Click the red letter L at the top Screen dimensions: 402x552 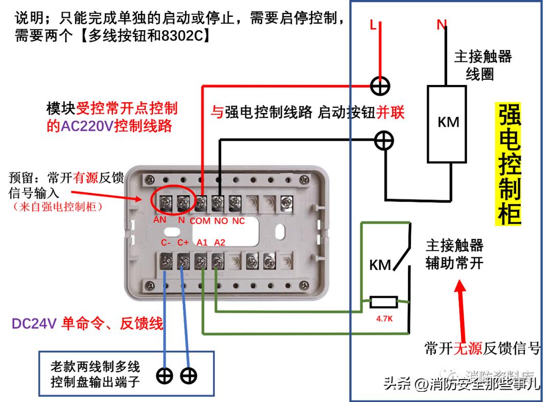tap(373, 25)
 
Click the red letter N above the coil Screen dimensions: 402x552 tap(442, 25)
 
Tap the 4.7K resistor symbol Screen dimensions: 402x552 tap(383, 302)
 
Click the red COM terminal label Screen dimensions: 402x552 tap(200, 221)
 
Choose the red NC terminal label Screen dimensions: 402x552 tap(238, 221)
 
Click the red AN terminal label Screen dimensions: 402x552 tap(159, 220)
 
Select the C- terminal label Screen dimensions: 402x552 tap(167, 242)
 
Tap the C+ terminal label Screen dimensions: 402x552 tap(183, 242)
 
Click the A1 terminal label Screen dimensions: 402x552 tap(201, 242)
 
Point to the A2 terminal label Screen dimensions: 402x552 tap(219, 242)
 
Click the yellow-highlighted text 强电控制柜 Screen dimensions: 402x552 tap(509, 164)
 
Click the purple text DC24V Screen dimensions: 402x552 tap(33, 323)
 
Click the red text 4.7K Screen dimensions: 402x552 tap(384, 319)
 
